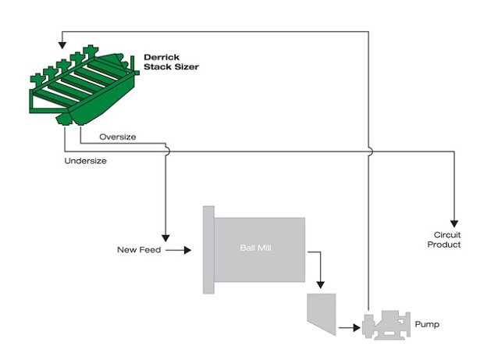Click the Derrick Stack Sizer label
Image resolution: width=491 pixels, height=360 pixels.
point(171,62)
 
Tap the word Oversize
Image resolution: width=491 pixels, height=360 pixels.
point(118,137)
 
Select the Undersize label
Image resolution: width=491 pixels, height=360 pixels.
point(86,161)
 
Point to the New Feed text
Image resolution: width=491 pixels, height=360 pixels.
point(139,250)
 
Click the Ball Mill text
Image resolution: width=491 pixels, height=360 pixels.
point(255,248)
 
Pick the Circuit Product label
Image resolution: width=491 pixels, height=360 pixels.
point(444,240)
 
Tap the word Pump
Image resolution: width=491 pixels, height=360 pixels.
point(427,324)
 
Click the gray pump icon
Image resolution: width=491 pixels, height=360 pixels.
point(386,325)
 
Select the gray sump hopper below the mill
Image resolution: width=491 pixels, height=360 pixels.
point(322,314)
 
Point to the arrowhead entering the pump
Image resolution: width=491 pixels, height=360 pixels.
point(357,328)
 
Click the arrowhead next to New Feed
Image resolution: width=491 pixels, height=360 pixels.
point(187,250)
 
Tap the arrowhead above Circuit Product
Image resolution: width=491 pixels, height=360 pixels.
point(454,223)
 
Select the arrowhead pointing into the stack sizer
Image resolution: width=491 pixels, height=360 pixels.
point(62,45)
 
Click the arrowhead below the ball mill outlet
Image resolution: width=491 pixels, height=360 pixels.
point(320,285)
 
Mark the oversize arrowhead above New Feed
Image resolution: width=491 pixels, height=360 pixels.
point(165,238)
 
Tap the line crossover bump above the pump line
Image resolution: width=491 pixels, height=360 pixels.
point(371,151)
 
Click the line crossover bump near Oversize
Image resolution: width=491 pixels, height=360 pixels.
point(168,151)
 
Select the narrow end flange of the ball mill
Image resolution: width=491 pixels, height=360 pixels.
point(208,250)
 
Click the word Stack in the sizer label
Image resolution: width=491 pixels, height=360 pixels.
point(155,66)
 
